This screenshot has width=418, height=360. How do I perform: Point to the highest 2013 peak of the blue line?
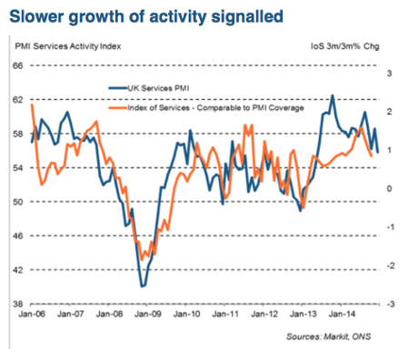332,95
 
